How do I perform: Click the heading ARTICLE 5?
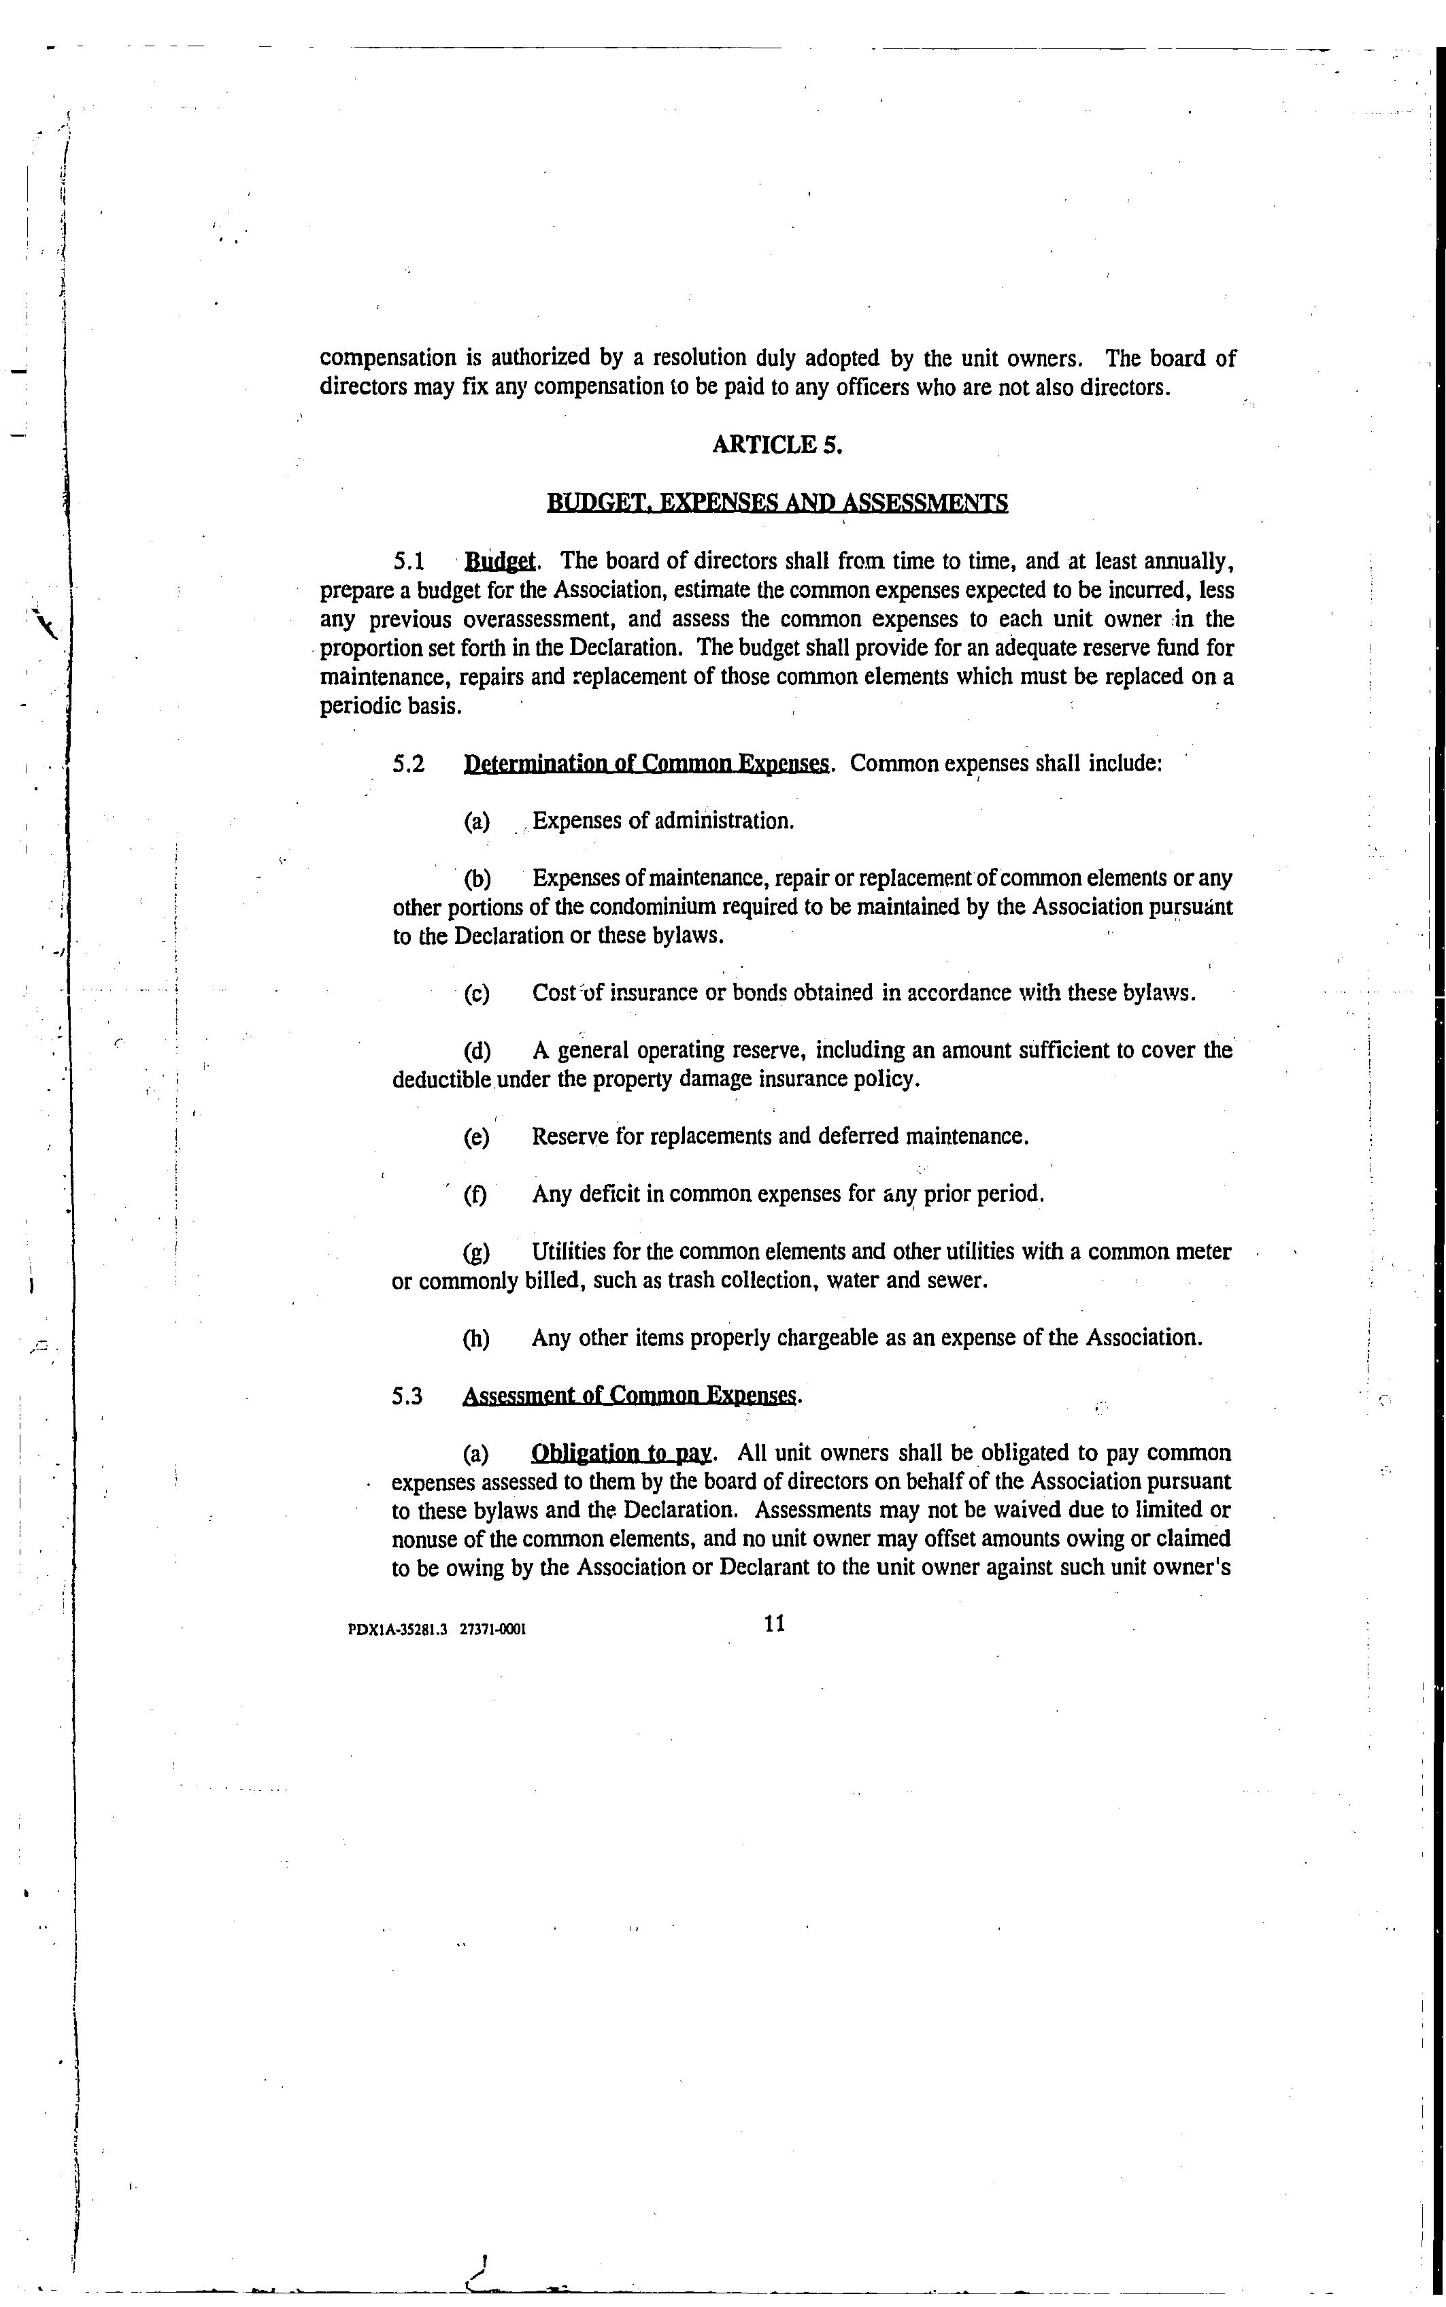click(777, 445)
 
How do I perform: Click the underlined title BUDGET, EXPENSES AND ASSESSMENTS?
click(777, 503)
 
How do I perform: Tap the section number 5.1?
click(409, 561)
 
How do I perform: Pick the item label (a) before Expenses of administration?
click(476, 822)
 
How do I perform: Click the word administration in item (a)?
click(723, 822)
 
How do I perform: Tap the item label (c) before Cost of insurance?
click(476, 994)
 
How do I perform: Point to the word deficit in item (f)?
click(609, 1194)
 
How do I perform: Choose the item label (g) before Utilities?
click(476, 1252)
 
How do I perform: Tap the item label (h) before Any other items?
click(476, 1338)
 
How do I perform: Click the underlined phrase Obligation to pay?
click(621, 1454)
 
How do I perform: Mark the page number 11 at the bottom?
click(775, 1623)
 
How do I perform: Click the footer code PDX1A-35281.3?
click(398, 1629)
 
